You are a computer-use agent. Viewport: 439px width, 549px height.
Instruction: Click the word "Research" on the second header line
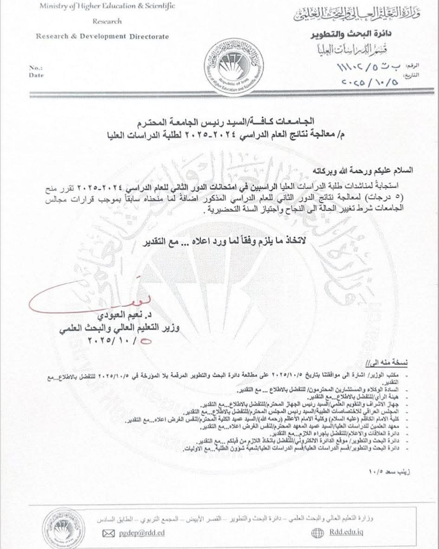[107, 21]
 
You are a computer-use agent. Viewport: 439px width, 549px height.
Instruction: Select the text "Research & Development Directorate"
[103, 37]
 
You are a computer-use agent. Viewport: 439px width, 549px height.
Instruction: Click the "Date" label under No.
[35, 75]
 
